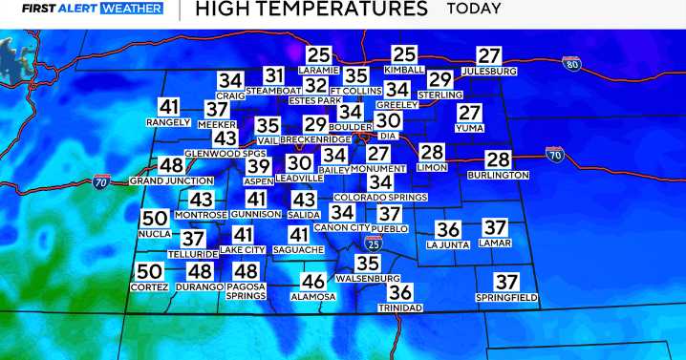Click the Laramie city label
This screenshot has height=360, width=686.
click(318, 72)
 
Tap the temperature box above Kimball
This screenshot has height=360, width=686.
click(405, 56)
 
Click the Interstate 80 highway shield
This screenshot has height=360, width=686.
click(572, 64)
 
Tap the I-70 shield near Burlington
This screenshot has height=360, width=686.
click(554, 152)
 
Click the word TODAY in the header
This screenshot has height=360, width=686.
click(473, 10)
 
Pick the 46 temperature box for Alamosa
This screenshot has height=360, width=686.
click(313, 282)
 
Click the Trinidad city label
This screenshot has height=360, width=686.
click(401, 308)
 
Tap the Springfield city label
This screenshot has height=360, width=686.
click(506, 298)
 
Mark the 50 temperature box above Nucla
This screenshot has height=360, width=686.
click(155, 219)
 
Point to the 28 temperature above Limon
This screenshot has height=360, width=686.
click(432, 153)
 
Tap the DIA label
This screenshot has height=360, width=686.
click(387, 137)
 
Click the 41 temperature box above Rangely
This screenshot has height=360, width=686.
click(169, 107)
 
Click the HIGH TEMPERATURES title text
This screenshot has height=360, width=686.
click(311, 10)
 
